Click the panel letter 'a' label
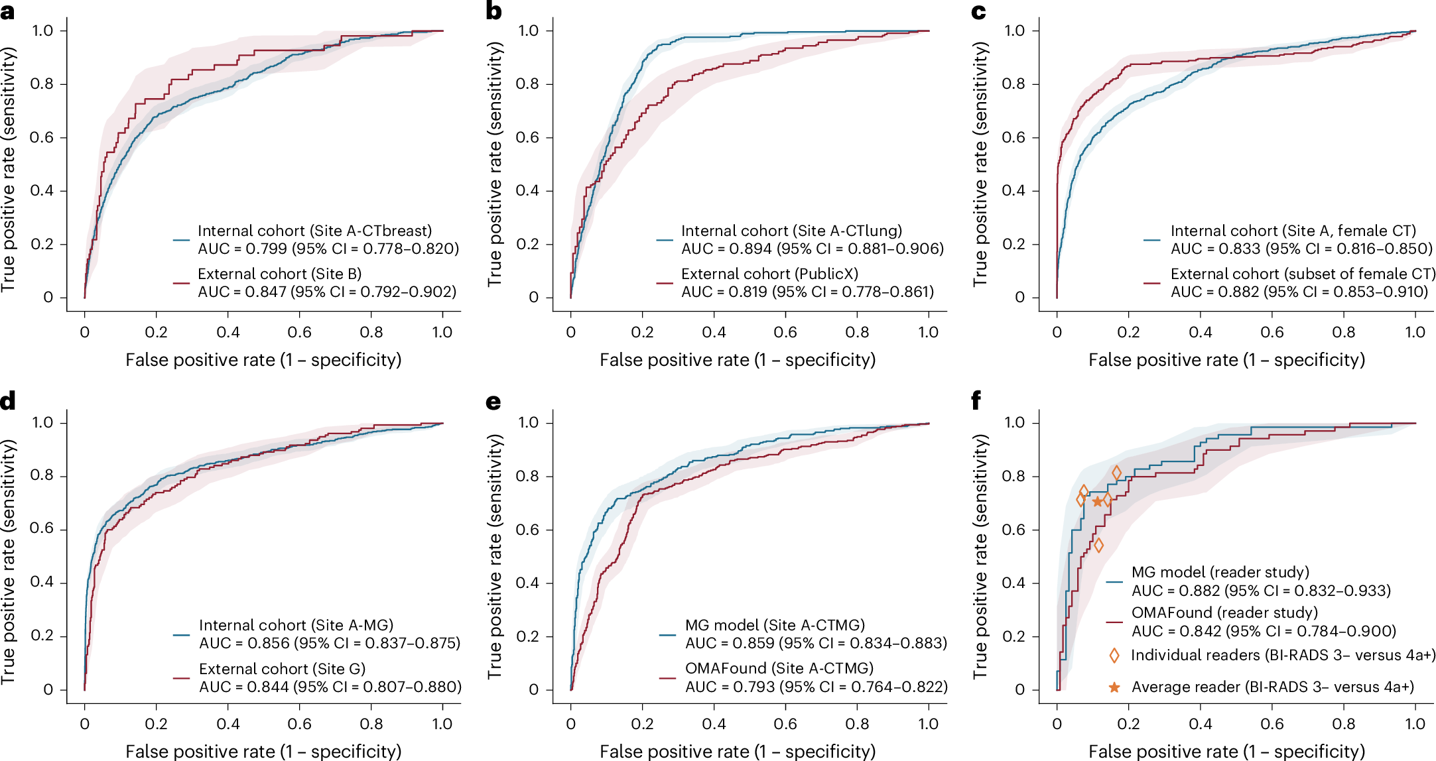pos(8,12)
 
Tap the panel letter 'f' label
pos(976,401)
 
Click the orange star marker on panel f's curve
pos(1097,502)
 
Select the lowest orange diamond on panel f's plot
pos(1098,545)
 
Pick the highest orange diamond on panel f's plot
pos(1116,473)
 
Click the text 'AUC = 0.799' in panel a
pos(241,249)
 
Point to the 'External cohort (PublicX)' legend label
pos(769,274)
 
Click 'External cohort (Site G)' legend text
pos(282,668)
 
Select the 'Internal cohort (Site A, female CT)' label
pos(1293,231)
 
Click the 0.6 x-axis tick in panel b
pos(785,332)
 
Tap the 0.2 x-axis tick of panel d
pos(156,724)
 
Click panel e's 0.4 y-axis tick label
pos(528,583)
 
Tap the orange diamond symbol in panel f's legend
pos(1114,656)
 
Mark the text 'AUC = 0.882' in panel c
pos(1215,292)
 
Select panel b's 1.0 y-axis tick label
pos(528,30)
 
